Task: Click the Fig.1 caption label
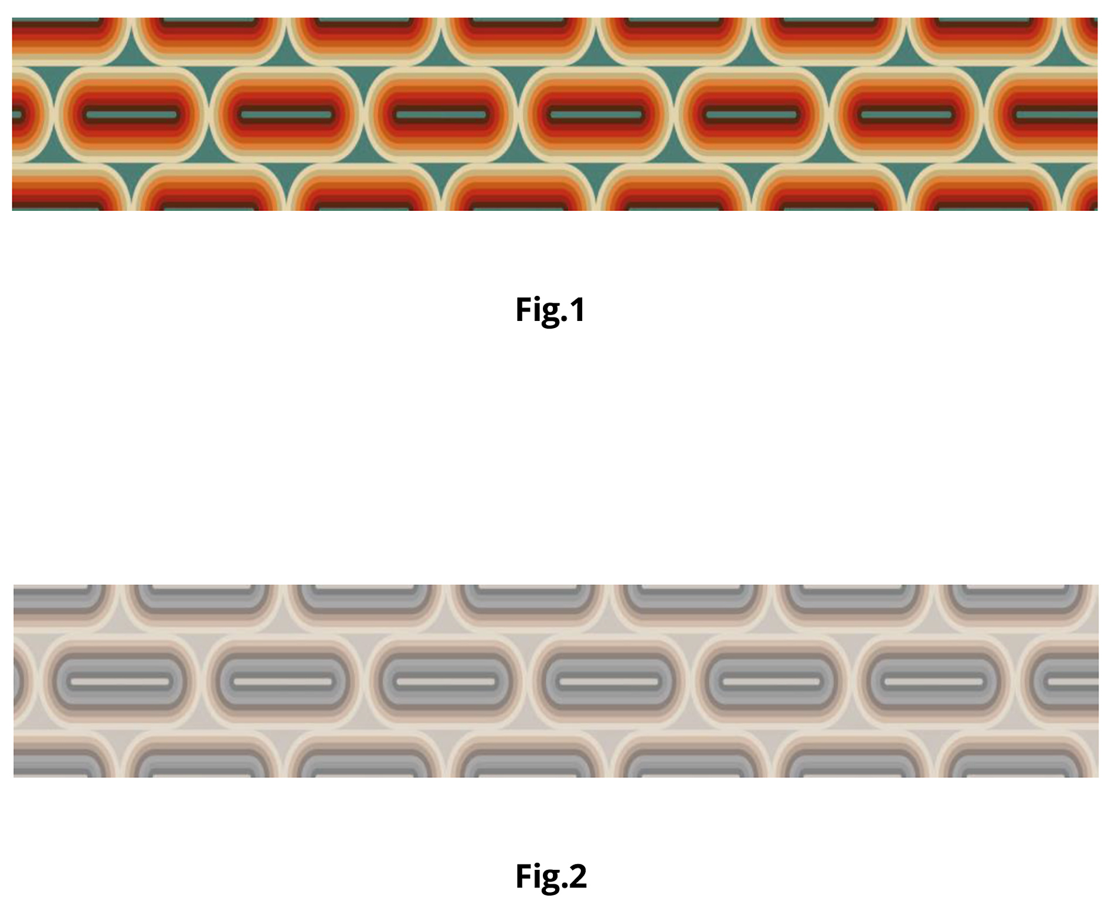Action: [x=550, y=309]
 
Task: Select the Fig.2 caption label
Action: [x=550, y=876]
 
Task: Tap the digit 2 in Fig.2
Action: [x=578, y=876]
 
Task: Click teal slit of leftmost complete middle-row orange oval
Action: [x=131, y=114]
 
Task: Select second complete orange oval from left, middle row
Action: [x=287, y=114]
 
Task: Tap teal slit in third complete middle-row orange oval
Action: [x=441, y=114]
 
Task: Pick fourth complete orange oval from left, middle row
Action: [x=597, y=114]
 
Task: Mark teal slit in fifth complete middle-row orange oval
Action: [x=752, y=114]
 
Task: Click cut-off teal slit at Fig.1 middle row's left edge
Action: [x=17, y=114]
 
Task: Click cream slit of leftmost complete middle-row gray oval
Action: [x=120, y=682]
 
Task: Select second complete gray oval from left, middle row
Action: [x=283, y=682]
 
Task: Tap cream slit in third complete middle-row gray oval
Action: [x=446, y=682]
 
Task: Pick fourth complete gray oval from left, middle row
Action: [x=609, y=682]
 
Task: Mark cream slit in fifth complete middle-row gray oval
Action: [x=771, y=682]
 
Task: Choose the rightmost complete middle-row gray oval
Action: [x=934, y=682]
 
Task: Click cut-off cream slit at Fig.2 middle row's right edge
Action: [x=1073, y=682]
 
